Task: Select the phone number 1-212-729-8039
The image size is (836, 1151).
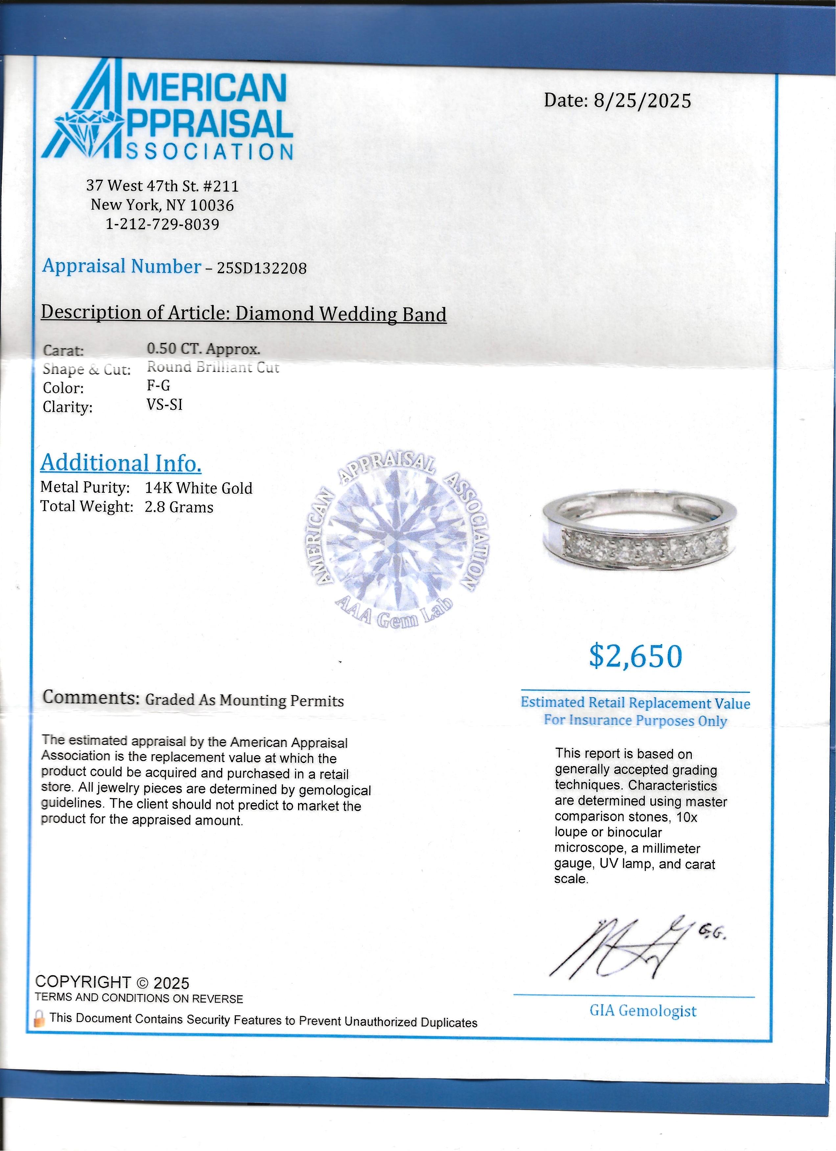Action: point(162,224)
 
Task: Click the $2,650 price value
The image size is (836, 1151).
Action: point(636,656)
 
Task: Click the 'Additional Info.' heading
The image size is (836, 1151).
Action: point(121,463)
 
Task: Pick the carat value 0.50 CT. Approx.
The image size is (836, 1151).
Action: point(203,349)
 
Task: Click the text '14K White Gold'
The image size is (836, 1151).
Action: point(198,488)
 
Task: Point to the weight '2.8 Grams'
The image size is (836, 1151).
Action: point(179,507)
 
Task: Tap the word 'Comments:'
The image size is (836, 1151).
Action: point(91,697)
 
